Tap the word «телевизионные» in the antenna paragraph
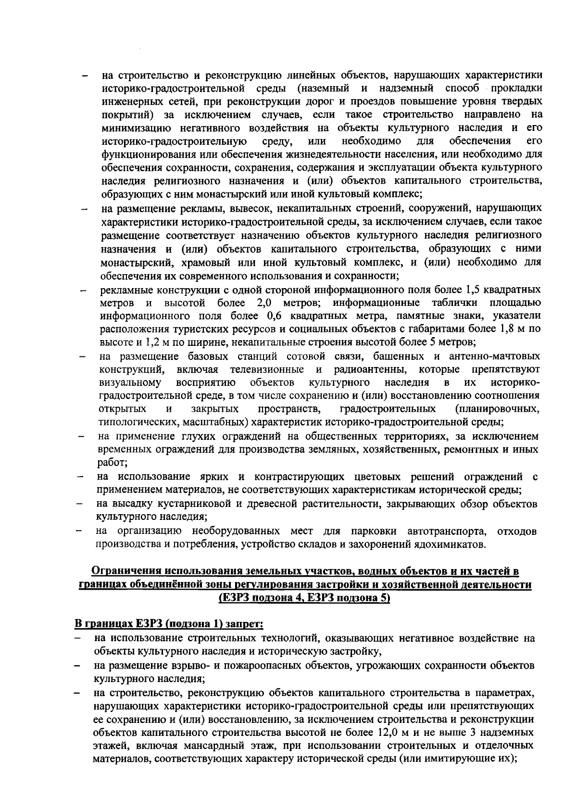tap(267, 369)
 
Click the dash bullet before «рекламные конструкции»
tap(84, 291)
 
